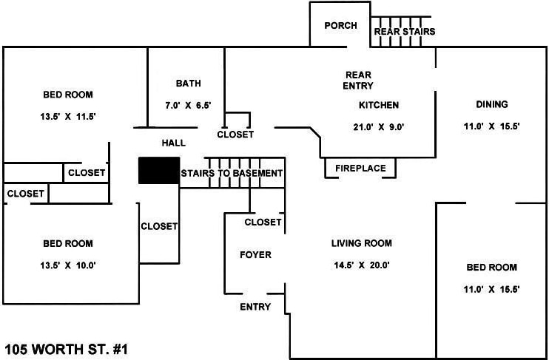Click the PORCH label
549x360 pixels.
coord(340,26)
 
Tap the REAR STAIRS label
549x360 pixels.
coord(404,32)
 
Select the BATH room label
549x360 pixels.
coord(188,84)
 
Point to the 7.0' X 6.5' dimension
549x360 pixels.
coord(188,106)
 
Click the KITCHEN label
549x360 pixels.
coord(379,105)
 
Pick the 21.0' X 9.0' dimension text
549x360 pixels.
coord(379,126)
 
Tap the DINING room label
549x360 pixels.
coord(491,105)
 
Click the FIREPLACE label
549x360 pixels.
coord(360,169)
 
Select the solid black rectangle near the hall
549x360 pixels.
coord(159,171)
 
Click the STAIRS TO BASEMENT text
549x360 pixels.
coord(232,174)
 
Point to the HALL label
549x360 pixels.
coord(173,143)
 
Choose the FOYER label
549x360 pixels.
coord(255,255)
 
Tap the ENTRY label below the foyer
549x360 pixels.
coord(255,307)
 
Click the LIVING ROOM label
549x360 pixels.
coord(361,243)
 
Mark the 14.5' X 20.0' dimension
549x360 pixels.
coord(361,265)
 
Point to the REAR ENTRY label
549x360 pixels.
coord(358,81)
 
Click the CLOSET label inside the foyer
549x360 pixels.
coord(263,222)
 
